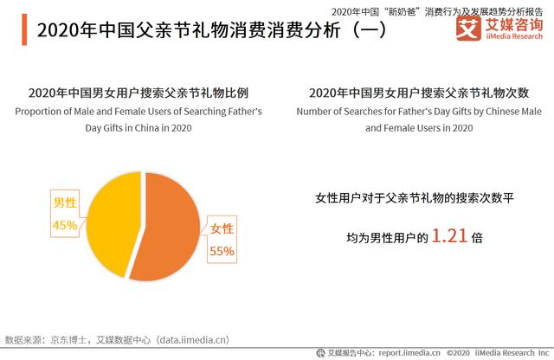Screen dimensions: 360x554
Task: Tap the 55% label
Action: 222,252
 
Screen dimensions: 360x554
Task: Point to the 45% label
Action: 66,226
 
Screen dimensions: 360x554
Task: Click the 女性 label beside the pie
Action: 222,229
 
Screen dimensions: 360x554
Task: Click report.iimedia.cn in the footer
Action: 406,352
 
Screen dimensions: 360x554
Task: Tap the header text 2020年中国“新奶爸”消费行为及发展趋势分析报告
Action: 441,8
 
